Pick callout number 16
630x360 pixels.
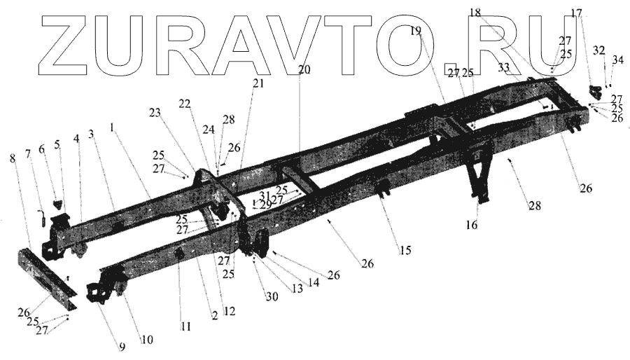pyautogui.click(x=473, y=226)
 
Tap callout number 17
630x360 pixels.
pyautogui.click(x=576, y=13)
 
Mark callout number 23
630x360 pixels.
pyautogui.click(x=154, y=112)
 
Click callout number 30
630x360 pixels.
pyautogui.click(x=271, y=296)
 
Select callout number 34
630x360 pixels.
pyautogui.click(x=617, y=61)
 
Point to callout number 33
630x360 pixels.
pyautogui.click(x=505, y=67)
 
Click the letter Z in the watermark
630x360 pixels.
pyautogui.click(x=70, y=46)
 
